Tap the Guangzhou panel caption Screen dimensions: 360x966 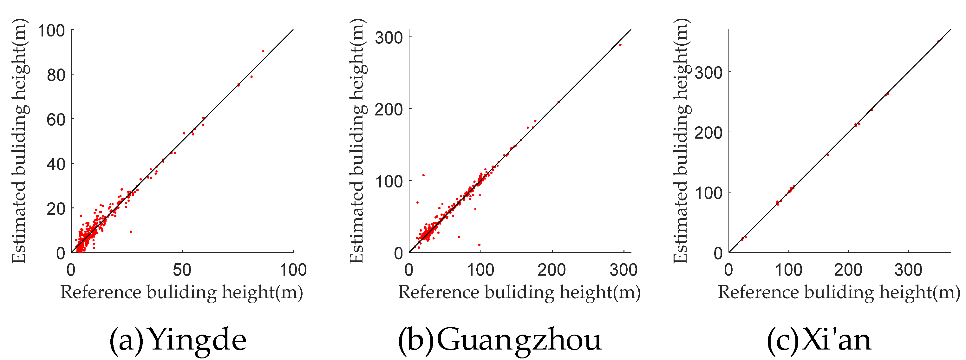click(499, 340)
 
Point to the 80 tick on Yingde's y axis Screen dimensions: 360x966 click(56, 75)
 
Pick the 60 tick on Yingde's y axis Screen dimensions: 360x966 click(56, 120)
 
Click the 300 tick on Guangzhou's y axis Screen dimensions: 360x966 click(389, 37)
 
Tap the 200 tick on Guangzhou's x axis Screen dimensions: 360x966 click(552, 270)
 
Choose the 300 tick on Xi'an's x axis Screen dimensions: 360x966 click(908, 270)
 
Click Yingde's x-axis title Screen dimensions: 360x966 click(181, 292)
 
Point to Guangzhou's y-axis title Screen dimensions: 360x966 click(357, 141)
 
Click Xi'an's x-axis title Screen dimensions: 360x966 click(839, 292)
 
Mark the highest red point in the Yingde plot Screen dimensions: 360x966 click(263, 51)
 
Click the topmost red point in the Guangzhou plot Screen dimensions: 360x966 click(620, 45)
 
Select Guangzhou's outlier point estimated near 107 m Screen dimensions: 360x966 click(423, 175)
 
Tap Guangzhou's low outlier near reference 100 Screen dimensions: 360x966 click(479, 245)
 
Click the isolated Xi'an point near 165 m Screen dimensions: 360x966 click(828, 155)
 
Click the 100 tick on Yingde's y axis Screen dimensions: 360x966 click(51, 30)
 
